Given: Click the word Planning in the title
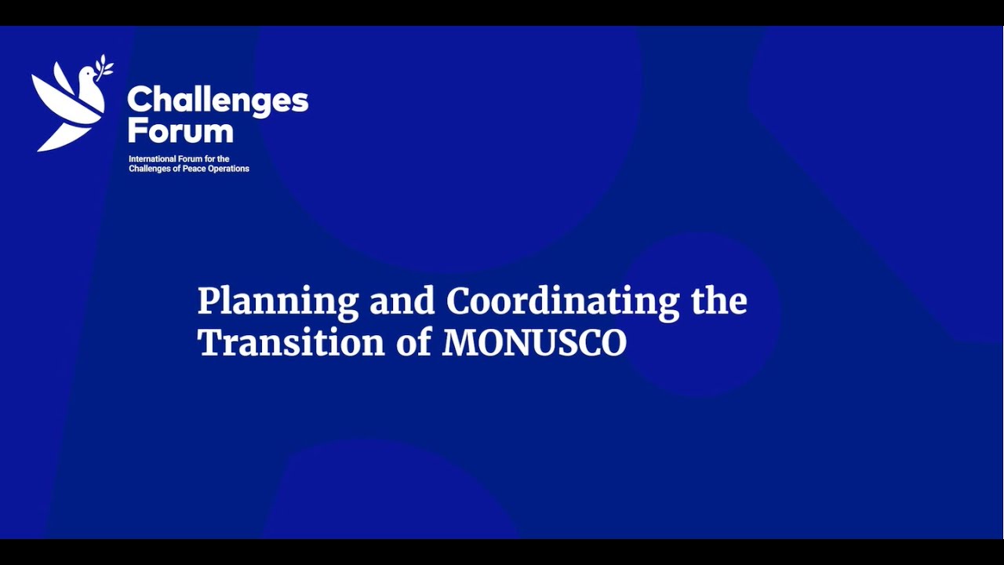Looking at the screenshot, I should (278, 302).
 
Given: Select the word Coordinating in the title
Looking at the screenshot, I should (562, 302).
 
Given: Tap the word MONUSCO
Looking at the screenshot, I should (534, 343).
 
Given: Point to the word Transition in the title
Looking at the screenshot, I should (291, 343).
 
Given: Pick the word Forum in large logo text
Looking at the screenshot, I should (180, 130).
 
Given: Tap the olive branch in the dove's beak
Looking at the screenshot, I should (104, 65).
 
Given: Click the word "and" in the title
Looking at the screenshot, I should (402, 302).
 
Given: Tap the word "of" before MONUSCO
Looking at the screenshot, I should (413, 343).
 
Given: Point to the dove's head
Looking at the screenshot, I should (88, 76).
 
